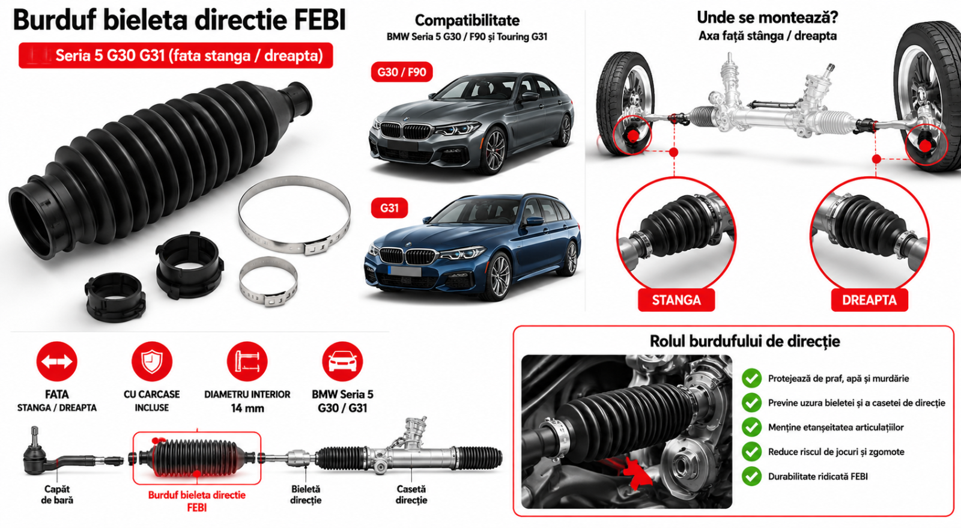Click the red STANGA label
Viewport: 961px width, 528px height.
pyautogui.click(x=676, y=300)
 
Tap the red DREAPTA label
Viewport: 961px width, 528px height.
pyautogui.click(x=869, y=300)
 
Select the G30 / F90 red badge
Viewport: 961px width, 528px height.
pyautogui.click(x=402, y=71)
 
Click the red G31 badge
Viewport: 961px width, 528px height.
pyautogui.click(x=389, y=208)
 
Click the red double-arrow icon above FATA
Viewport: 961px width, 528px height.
pyautogui.click(x=56, y=362)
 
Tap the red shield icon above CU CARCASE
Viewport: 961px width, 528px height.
pyautogui.click(x=152, y=362)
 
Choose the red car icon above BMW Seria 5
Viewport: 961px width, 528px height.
pyautogui.click(x=342, y=362)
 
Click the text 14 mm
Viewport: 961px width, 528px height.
pyautogui.click(x=247, y=408)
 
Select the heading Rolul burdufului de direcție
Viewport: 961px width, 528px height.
pyautogui.click(x=744, y=341)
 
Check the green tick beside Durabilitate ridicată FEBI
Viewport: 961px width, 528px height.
pyautogui.click(x=751, y=476)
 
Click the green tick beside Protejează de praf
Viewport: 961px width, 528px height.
pyautogui.click(x=751, y=378)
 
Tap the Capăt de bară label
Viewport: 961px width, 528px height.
pyautogui.click(x=57, y=494)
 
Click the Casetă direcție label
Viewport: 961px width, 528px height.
pyautogui.click(x=411, y=494)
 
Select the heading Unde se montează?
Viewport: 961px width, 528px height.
pyautogui.click(x=767, y=18)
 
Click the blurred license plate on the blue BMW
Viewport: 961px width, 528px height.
pyautogui.click(x=405, y=271)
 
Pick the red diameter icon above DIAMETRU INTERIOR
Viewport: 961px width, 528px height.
pyautogui.click(x=247, y=362)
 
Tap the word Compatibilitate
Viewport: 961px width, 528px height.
pyautogui.click(x=467, y=20)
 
